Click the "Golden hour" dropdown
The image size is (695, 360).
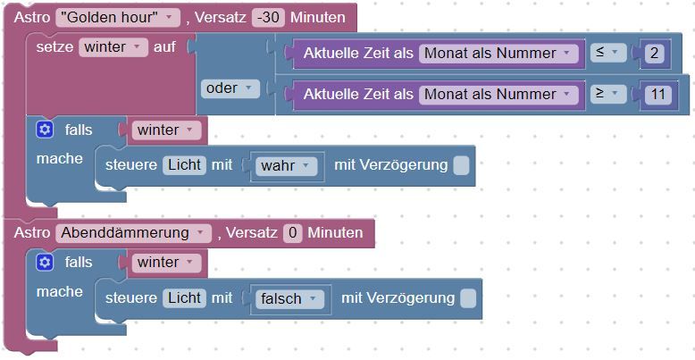pos(118,18)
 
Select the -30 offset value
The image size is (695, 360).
pos(268,18)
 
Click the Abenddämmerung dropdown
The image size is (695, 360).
pos(133,233)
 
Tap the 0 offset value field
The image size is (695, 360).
pos(292,233)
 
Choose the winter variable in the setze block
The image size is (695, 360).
pos(113,47)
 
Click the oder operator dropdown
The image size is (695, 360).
pos(230,88)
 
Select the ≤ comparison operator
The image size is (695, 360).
pos(608,53)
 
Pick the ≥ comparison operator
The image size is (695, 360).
pos(608,94)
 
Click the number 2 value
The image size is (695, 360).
pos(655,54)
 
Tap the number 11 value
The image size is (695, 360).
pos(658,95)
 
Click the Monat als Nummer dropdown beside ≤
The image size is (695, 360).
pos(498,54)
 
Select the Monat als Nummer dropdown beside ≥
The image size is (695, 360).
pos(498,95)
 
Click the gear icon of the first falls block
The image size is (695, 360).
pos(45,130)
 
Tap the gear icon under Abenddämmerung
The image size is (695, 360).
pos(45,262)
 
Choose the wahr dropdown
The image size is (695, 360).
pos(287,166)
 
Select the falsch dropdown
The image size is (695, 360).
pos(289,299)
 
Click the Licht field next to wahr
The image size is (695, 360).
pos(184,165)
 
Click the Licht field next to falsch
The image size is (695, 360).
pos(184,298)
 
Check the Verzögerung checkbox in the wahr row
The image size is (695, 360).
pos(461,165)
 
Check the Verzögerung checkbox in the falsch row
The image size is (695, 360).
pos(468,298)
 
